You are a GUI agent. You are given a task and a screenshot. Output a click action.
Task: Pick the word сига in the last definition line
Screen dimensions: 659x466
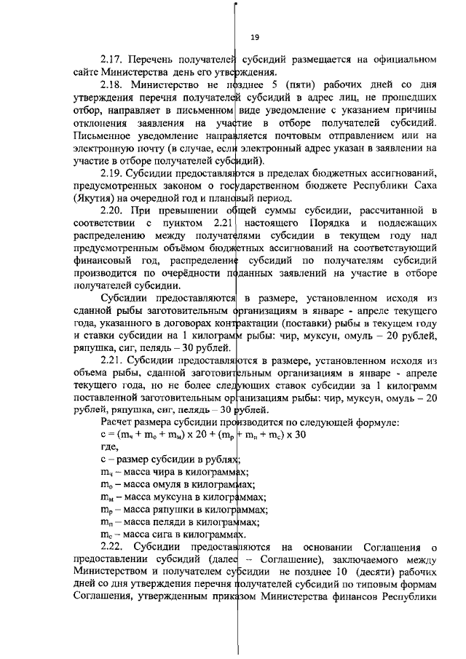click(x=156, y=534)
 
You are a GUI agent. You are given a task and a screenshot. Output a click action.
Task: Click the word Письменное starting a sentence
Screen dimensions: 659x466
click(x=106, y=135)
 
